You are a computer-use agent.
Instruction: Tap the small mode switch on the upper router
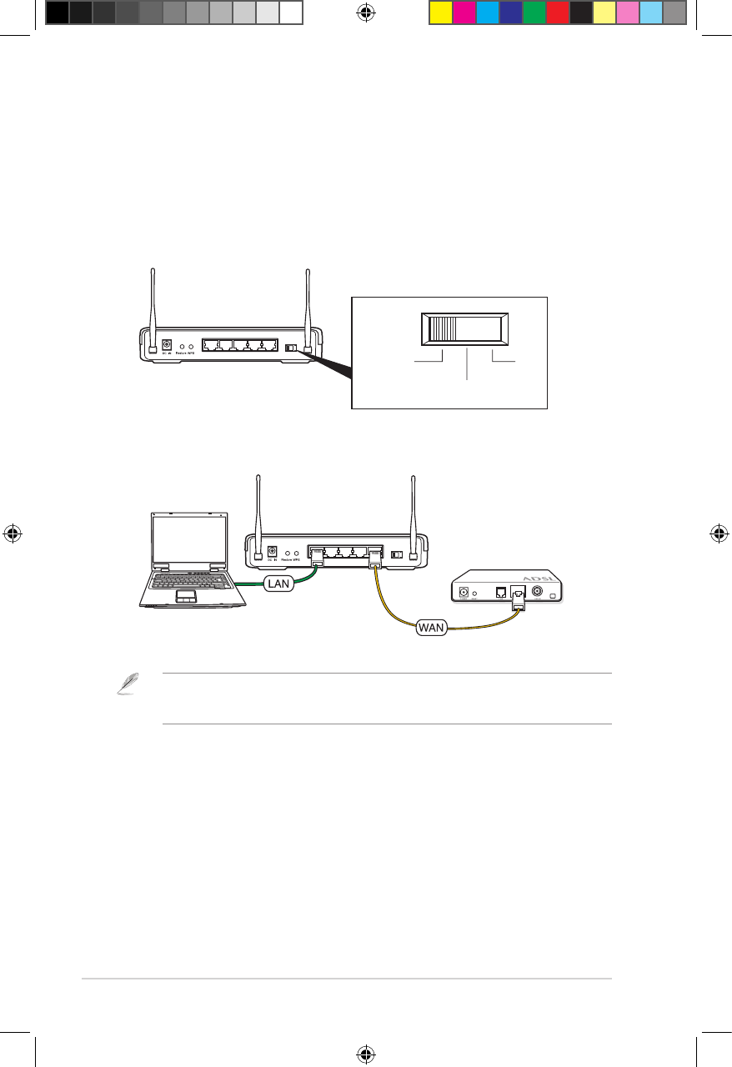point(290,348)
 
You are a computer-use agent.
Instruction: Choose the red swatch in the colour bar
point(557,12)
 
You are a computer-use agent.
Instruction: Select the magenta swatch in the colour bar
point(464,12)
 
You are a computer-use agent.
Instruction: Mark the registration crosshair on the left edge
point(13,533)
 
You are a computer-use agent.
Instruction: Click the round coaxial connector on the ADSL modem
point(537,592)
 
